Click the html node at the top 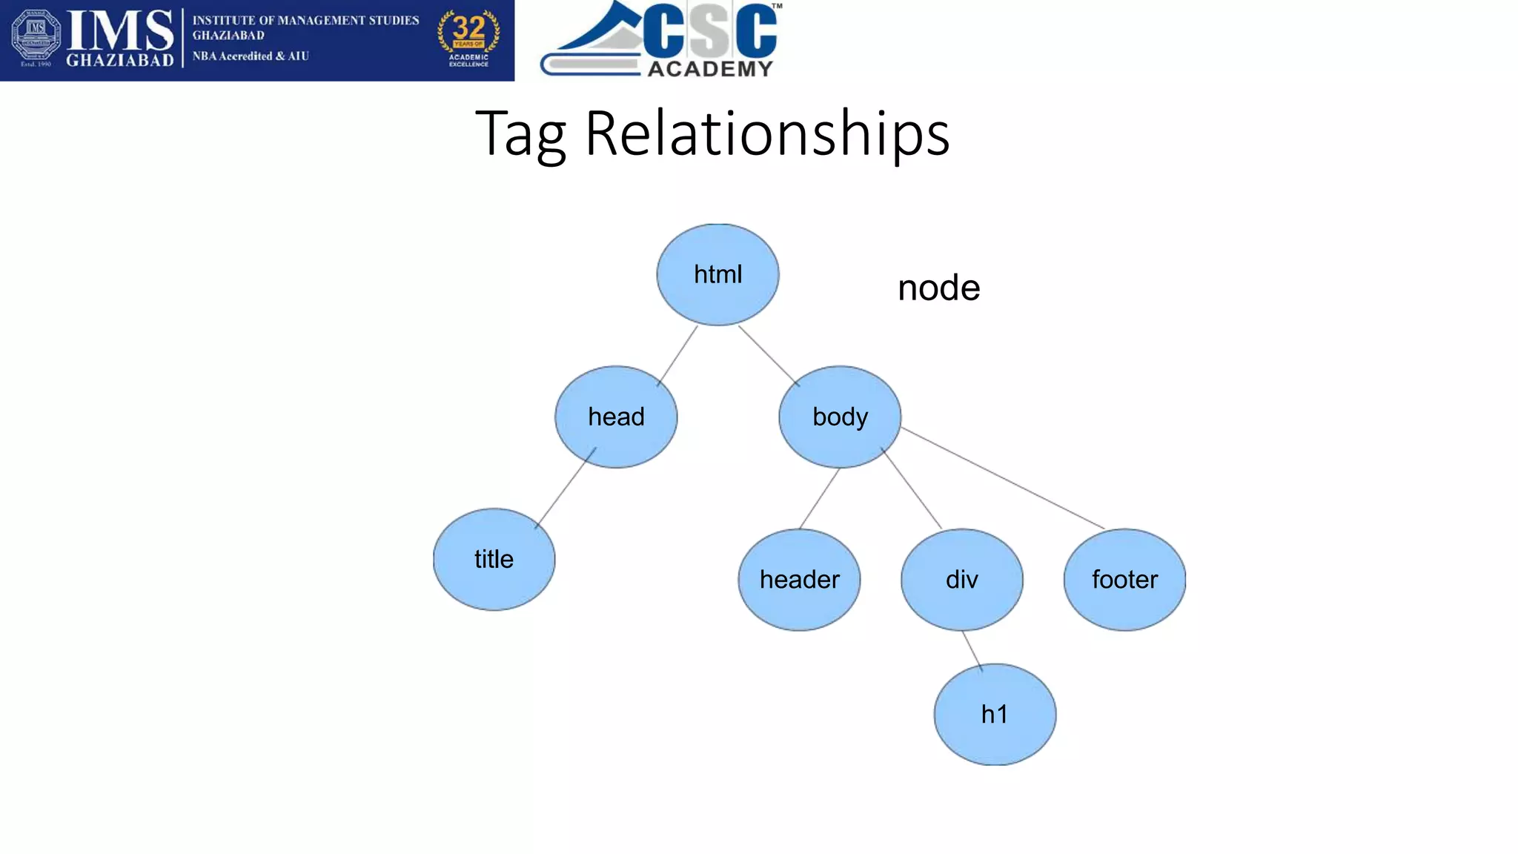pos(717,274)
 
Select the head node pos(616,417)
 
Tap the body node pos(840,417)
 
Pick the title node pos(494,559)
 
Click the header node pos(799,580)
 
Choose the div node pos(962,580)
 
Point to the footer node pos(1124,580)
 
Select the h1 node pos(995,715)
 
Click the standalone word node pos(938,288)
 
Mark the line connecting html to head pos(677,355)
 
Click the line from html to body pos(769,355)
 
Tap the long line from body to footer pos(1002,478)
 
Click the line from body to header pos(819,498)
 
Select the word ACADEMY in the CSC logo pos(710,69)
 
